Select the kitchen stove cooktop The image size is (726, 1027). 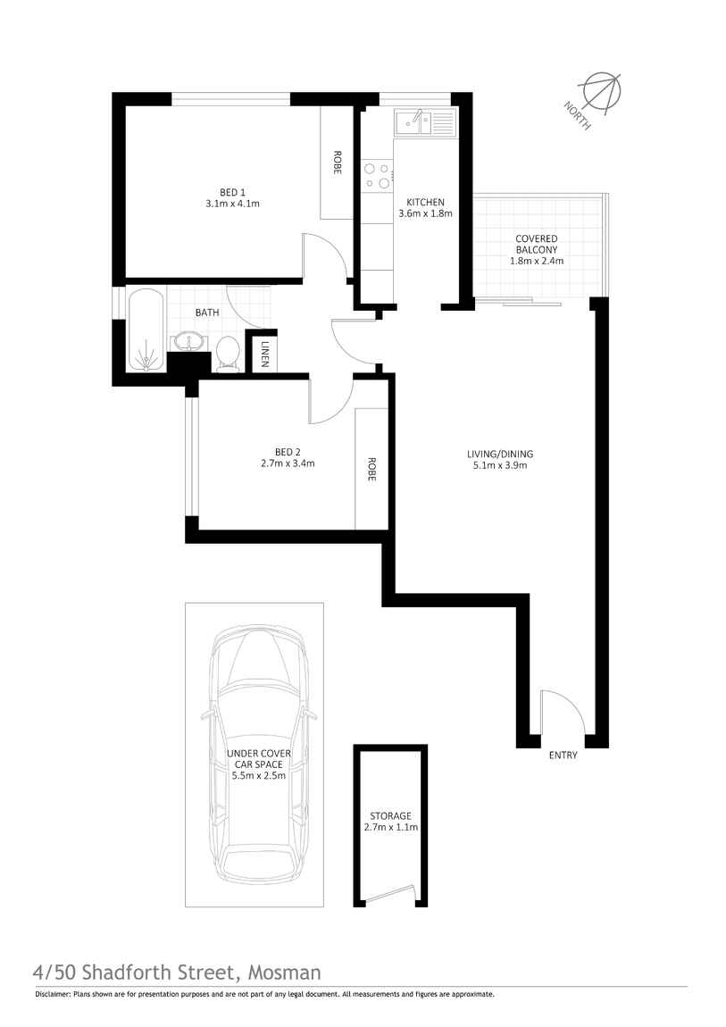(376, 175)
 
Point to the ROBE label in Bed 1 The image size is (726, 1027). (337, 163)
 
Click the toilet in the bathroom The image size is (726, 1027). (227, 352)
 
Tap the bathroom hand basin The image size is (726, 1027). (188, 342)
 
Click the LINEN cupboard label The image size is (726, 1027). (265, 355)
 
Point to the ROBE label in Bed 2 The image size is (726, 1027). (371, 470)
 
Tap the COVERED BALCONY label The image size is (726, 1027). (536, 245)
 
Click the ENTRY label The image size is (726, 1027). (563, 756)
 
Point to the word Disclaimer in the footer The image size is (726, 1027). (52, 994)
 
